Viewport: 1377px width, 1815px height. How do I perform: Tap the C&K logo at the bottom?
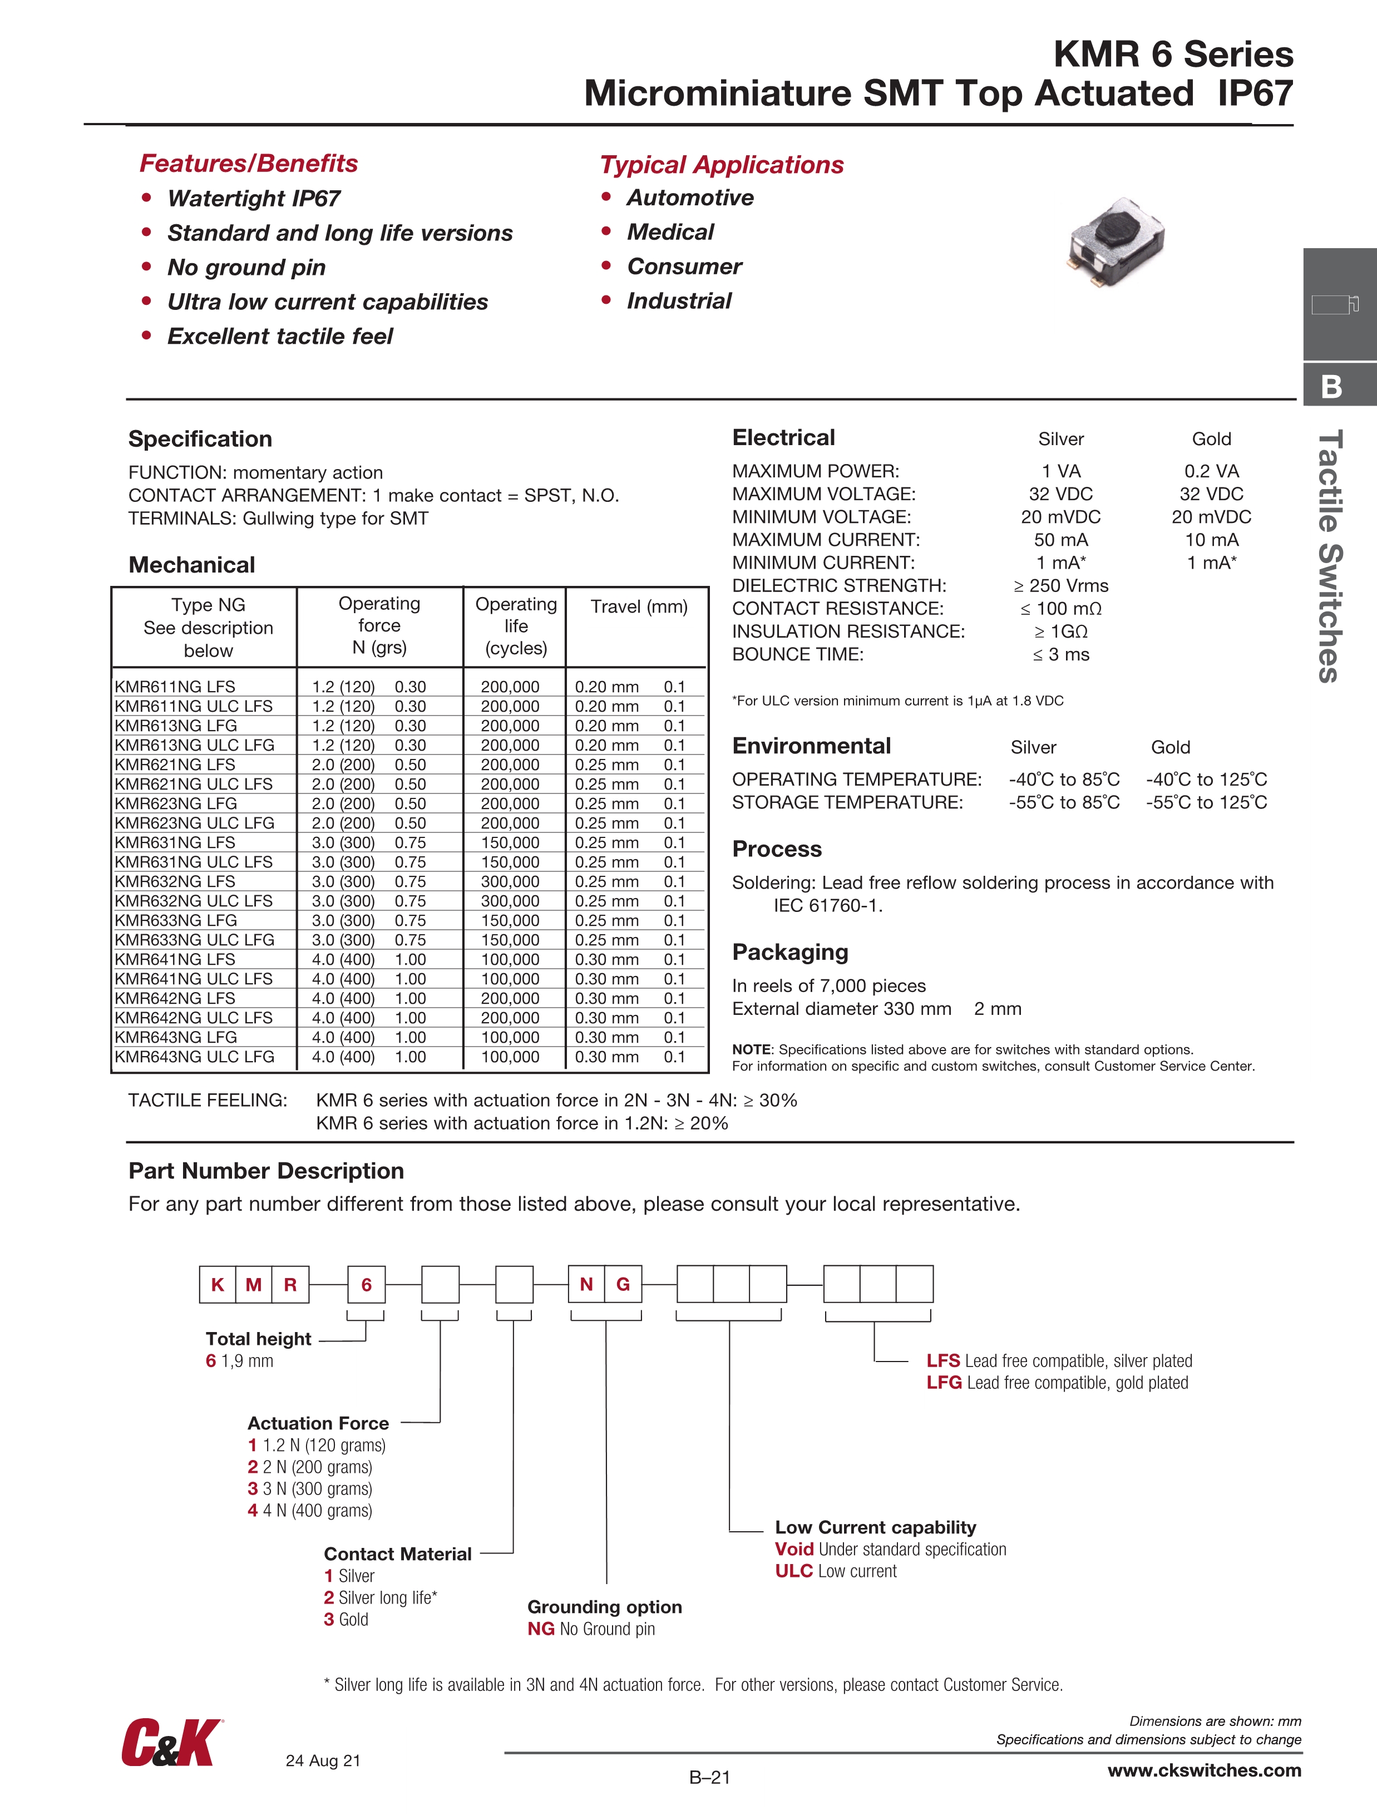click(171, 1743)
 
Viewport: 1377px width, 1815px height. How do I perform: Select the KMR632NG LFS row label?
click(175, 881)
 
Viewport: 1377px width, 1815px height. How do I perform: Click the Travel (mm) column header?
click(639, 606)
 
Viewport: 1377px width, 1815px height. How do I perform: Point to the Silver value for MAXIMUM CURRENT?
click(1060, 540)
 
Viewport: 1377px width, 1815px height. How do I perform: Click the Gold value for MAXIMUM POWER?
click(1211, 471)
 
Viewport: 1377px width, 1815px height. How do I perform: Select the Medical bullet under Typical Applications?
click(670, 232)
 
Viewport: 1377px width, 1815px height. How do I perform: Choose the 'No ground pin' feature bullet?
click(246, 268)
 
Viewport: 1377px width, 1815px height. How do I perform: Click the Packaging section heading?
click(789, 952)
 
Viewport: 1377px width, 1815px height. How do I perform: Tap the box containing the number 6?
click(366, 1284)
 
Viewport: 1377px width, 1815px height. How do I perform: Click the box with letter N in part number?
click(586, 1284)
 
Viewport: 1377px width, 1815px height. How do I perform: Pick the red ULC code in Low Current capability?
click(793, 1571)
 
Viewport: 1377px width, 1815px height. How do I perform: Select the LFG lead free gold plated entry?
click(1057, 1383)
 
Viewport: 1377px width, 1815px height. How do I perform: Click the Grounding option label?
click(604, 1606)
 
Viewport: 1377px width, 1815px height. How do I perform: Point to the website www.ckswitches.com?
click(1204, 1770)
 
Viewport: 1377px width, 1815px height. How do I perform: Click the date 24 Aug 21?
click(323, 1760)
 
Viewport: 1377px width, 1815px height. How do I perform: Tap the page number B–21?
click(709, 1777)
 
